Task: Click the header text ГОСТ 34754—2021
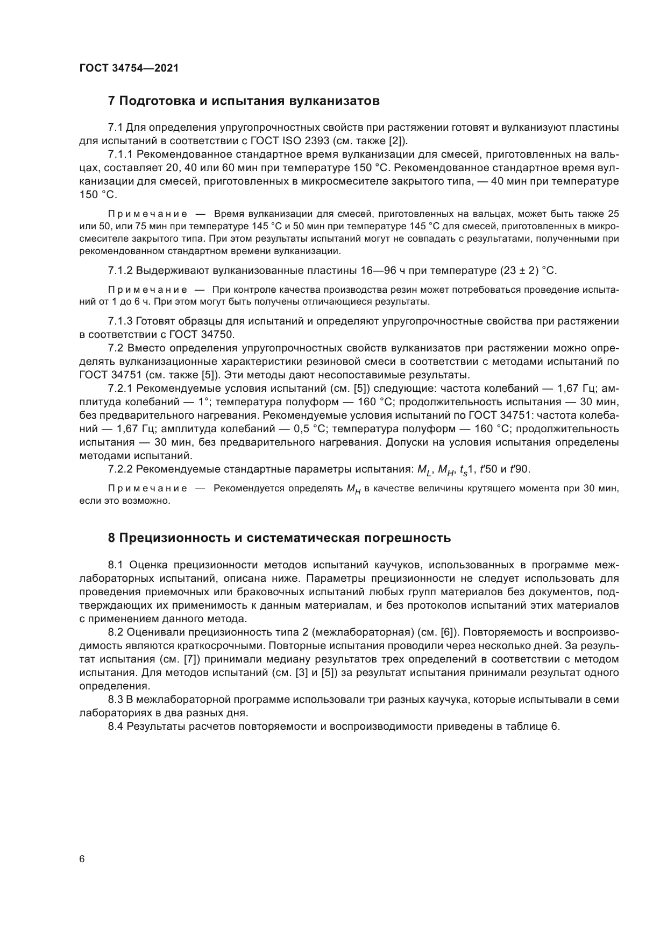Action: tap(129, 68)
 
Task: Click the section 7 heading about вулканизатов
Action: tap(244, 101)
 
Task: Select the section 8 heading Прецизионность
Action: tap(279, 538)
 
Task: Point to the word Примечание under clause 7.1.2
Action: tap(147, 290)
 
